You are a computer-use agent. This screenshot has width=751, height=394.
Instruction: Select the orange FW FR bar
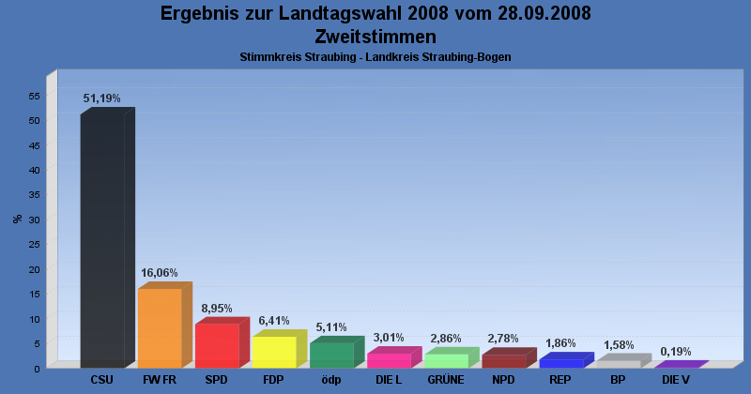pyautogui.click(x=160, y=327)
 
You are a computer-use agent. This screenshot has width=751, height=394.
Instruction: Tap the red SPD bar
pyautogui.click(x=217, y=345)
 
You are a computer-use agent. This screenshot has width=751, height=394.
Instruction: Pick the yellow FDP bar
pyautogui.click(x=274, y=352)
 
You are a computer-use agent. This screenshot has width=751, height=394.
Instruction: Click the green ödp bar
pyautogui.click(x=331, y=355)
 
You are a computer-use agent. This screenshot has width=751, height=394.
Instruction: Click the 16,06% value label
pyautogui.click(x=160, y=273)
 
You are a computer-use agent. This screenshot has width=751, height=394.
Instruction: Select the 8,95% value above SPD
pyautogui.click(x=217, y=308)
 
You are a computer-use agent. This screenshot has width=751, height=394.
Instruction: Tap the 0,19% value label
pyautogui.click(x=675, y=352)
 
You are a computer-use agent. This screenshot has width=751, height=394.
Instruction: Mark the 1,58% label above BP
pyautogui.click(x=618, y=344)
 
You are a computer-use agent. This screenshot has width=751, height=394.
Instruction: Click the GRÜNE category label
pyautogui.click(x=446, y=380)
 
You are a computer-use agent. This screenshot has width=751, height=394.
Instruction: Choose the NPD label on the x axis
pyautogui.click(x=503, y=380)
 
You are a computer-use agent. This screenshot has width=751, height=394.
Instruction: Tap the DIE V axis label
pyautogui.click(x=675, y=380)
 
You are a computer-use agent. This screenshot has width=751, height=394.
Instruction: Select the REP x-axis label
pyautogui.click(x=560, y=380)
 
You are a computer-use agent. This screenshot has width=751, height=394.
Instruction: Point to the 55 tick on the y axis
pyautogui.click(x=33, y=96)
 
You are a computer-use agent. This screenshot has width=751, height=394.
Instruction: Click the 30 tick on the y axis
pyautogui.click(x=33, y=220)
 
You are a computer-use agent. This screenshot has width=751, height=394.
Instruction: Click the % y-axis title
pyautogui.click(x=17, y=219)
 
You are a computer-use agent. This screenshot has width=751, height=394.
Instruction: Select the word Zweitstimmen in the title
pyautogui.click(x=375, y=37)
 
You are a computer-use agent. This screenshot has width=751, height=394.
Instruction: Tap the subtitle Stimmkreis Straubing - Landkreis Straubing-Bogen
pyautogui.click(x=375, y=57)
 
